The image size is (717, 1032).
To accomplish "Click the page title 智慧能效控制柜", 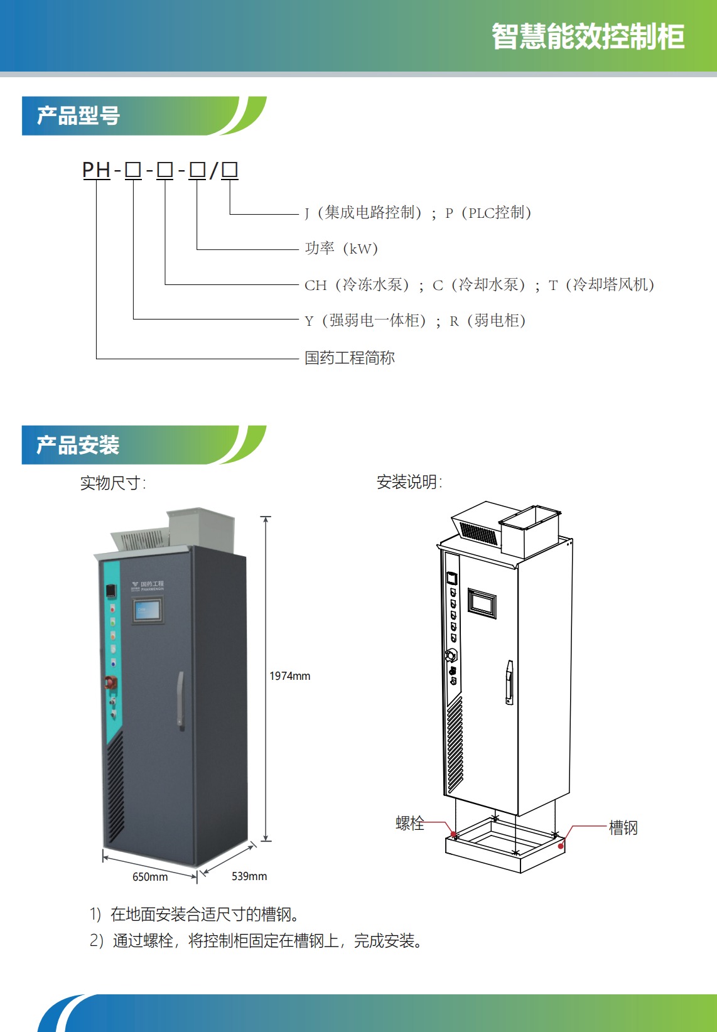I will pyautogui.click(x=588, y=36).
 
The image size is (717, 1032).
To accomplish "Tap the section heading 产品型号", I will pyautogui.click(x=78, y=116).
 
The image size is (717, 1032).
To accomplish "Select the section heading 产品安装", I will pyautogui.click(x=78, y=445).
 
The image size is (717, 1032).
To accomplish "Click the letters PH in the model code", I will pyautogui.click(x=96, y=169).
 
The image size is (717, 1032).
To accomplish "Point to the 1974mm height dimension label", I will pyautogui.click(x=289, y=676).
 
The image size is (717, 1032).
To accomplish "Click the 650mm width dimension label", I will pyautogui.click(x=150, y=877).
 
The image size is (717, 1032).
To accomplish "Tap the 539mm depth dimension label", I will pyautogui.click(x=249, y=876).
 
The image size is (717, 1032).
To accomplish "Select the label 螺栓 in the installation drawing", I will pyautogui.click(x=409, y=823).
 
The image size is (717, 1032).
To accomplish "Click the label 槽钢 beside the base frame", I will pyautogui.click(x=623, y=828).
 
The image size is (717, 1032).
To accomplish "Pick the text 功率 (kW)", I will pyautogui.click(x=342, y=249).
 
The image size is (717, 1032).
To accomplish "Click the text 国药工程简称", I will pyautogui.click(x=350, y=358).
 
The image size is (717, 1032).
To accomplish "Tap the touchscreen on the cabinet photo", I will pyautogui.click(x=148, y=610).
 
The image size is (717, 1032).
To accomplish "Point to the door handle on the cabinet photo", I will pyautogui.click(x=180, y=700).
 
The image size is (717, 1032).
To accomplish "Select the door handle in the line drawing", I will pyautogui.click(x=509, y=682).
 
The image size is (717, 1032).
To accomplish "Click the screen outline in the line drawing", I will pyautogui.click(x=482, y=603).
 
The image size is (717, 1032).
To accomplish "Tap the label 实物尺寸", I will pyautogui.click(x=112, y=483).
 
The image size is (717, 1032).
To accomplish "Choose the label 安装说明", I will pyautogui.click(x=409, y=482).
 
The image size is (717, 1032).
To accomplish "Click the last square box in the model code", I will pyautogui.click(x=230, y=169).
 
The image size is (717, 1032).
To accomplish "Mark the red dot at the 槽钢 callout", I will pyautogui.click(x=561, y=846).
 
